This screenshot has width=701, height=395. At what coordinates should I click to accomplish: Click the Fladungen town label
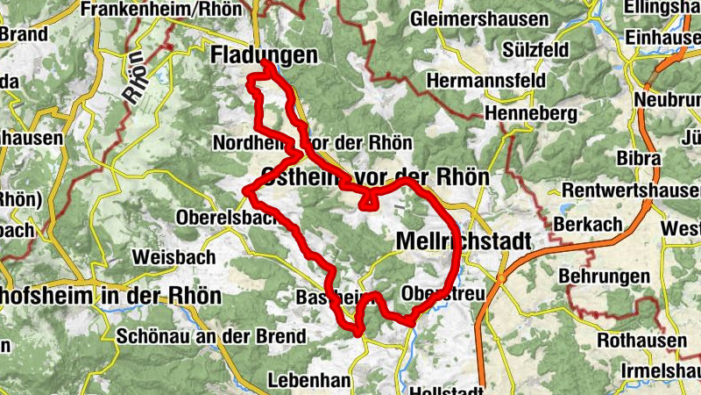click(264, 55)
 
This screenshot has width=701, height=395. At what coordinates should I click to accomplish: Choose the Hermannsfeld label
click(485, 81)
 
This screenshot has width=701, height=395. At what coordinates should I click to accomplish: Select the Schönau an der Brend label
click(211, 336)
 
